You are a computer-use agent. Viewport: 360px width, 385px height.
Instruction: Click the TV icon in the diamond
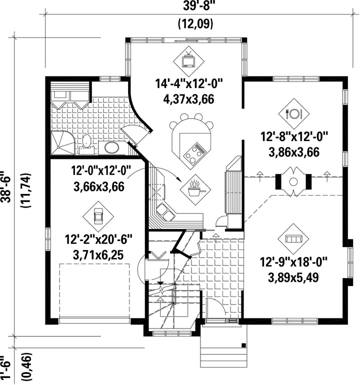(x=188, y=60)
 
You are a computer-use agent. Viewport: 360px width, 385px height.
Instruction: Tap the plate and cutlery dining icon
(x=293, y=113)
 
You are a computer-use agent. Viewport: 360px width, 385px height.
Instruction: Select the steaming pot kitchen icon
(x=195, y=189)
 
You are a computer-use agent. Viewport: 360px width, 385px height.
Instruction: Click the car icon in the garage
(x=98, y=216)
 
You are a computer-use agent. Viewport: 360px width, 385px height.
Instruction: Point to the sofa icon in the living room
(x=293, y=238)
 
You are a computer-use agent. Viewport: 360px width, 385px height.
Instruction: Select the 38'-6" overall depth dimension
(x=6, y=186)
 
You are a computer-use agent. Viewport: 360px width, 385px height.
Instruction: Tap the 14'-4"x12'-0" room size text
(x=188, y=83)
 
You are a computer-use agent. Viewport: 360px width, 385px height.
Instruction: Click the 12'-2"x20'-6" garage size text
(x=98, y=239)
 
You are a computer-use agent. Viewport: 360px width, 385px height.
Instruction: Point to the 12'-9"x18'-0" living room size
(x=293, y=261)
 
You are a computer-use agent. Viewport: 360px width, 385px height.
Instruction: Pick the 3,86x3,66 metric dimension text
(x=294, y=152)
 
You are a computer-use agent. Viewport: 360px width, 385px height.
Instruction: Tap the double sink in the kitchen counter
(x=165, y=212)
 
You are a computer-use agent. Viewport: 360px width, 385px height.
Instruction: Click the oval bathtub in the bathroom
(x=111, y=148)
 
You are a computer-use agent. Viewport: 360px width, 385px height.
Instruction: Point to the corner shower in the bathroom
(x=62, y=143)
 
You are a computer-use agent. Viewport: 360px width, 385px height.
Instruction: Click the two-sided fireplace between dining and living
(x=293, y=181)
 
